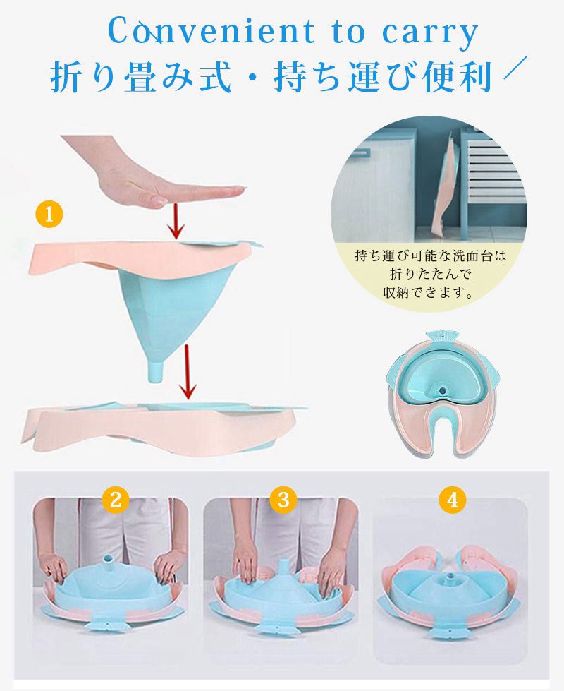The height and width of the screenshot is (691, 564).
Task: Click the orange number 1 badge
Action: (x=49, y=215)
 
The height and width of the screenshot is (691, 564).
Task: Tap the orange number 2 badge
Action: (x=116, y=500)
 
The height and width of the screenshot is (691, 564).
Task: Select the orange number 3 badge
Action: (x=283, y=499)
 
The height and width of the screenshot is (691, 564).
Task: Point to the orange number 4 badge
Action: (x=452, y=500)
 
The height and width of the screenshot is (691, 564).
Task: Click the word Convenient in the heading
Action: (x=211, y=32)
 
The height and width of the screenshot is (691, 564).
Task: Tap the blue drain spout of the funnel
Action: (x=157, y=371)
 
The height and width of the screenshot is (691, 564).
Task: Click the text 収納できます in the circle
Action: (x=423, y=292)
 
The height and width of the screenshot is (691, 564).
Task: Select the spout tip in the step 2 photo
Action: (x=107, y=558)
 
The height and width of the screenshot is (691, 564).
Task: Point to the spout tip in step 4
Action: (x=451, y=577)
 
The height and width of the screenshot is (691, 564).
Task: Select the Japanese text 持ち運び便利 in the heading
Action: (x=382, y=78)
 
